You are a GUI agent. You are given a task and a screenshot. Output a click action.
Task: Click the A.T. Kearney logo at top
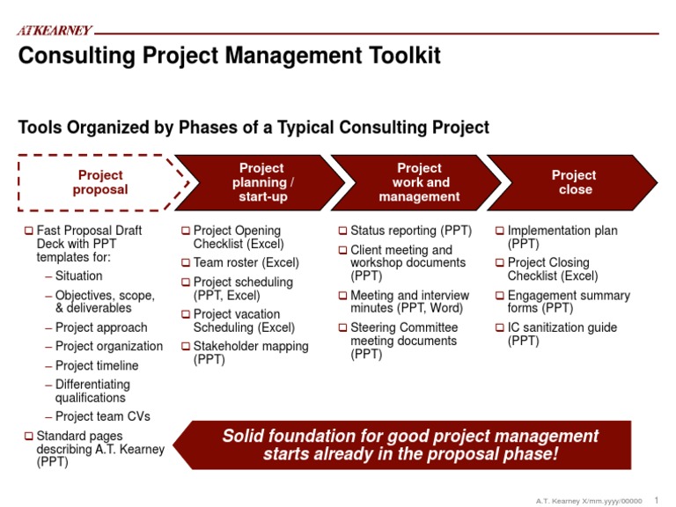(55, 31)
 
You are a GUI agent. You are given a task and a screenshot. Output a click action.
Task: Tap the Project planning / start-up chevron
(261, 182)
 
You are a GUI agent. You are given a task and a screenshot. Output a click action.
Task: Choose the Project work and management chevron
(419, 182)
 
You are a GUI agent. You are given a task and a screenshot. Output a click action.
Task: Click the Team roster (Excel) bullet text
(246, 262)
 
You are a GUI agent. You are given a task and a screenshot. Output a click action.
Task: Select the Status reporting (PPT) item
(410, 231)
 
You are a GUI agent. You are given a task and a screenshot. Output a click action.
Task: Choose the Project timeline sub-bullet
(96, 366)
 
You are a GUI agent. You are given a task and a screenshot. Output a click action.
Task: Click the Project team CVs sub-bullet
(102, 416)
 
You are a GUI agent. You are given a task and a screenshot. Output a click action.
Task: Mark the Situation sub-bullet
(78, 276)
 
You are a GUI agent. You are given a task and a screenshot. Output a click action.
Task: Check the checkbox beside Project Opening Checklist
(186, 231)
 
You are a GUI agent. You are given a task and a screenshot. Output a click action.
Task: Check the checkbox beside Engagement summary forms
(499, 297)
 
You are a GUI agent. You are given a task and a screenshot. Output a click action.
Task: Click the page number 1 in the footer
(657, 499)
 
